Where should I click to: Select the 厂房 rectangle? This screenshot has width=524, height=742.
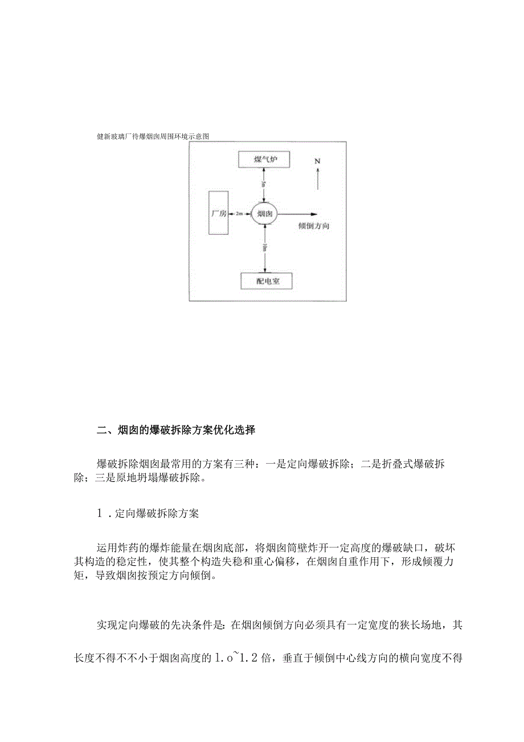[x=219, y=213]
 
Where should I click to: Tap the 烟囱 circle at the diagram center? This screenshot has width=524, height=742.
[x=264, y=214]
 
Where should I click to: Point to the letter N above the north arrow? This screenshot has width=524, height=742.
[x=317, y=161]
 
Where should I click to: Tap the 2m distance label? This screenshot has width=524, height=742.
[x=239, y=213]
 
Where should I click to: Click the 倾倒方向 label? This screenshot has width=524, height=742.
[x=314, y=226]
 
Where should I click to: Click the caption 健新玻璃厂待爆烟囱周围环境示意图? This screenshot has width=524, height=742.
[x=153, y=136]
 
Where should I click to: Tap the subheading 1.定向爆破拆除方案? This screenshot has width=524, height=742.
[x=148, y=513]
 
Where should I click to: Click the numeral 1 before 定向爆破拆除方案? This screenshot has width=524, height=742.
[x=100, y=513]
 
